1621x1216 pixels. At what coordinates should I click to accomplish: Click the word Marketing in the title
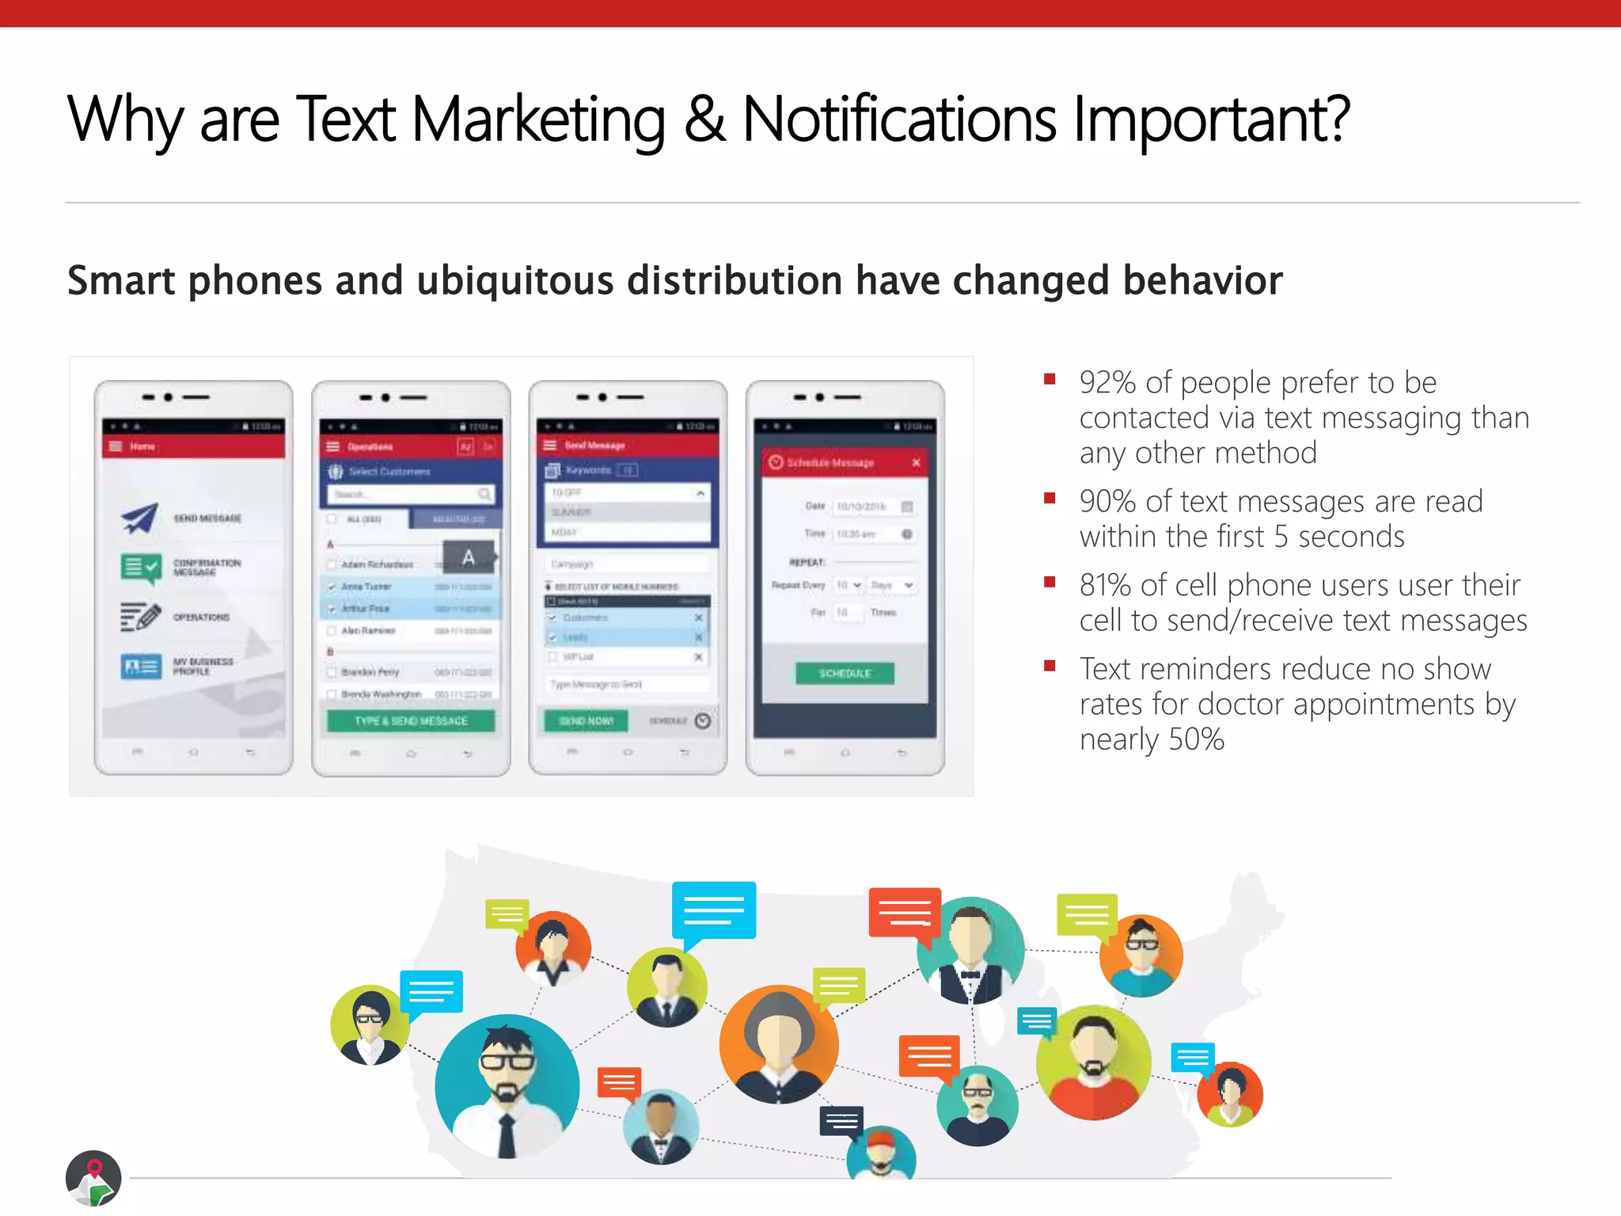click(x=538, y=120)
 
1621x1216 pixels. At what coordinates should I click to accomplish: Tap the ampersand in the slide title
click(x=704, y=120)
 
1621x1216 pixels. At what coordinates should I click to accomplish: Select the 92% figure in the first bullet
click(x=1107, y=383)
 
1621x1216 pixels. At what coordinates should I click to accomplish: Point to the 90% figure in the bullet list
click(x=1107, y=502)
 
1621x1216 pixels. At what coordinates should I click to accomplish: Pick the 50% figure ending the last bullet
click(x=1196, y=740)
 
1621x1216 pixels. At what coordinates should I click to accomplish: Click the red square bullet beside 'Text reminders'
click(x=1050, y=666)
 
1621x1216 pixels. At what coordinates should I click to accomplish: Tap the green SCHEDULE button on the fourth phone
click(x=845, y=673)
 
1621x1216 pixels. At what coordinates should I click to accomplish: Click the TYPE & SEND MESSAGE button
click(x=411, y=720)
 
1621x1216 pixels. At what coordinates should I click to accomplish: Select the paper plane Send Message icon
click(x=140, y=519)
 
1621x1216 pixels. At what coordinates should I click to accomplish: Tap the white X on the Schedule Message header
click(x=916, y=462)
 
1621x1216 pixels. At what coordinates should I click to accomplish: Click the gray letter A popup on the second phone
click(x=469, y=557)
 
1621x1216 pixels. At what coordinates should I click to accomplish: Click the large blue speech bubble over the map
click(x=713, y=910)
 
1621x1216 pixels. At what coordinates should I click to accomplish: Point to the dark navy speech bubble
click(x=841, y=1121)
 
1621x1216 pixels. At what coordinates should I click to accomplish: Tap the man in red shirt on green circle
click(x=1094, y=1062)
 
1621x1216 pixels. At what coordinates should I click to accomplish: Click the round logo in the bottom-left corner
click(x=93, y=1178)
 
